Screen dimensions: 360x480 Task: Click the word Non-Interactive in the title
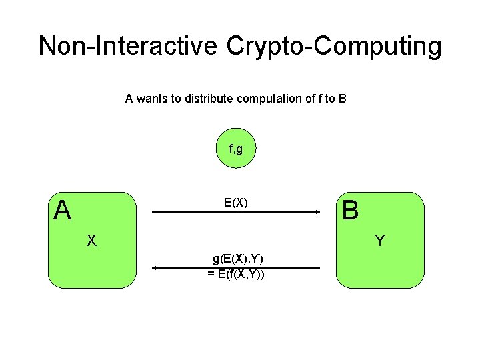127,46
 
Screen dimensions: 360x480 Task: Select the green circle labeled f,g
235,149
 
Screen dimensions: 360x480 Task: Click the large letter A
63,211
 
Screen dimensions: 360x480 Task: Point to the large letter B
350,211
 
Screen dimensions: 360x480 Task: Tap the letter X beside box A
92,241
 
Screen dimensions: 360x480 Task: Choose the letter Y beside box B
379,241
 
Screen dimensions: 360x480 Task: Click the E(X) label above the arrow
236,203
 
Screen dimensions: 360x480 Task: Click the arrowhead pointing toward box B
318,213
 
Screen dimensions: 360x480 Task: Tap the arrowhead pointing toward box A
155,268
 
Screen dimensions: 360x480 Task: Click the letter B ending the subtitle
342,99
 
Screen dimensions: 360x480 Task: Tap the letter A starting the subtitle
129,99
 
